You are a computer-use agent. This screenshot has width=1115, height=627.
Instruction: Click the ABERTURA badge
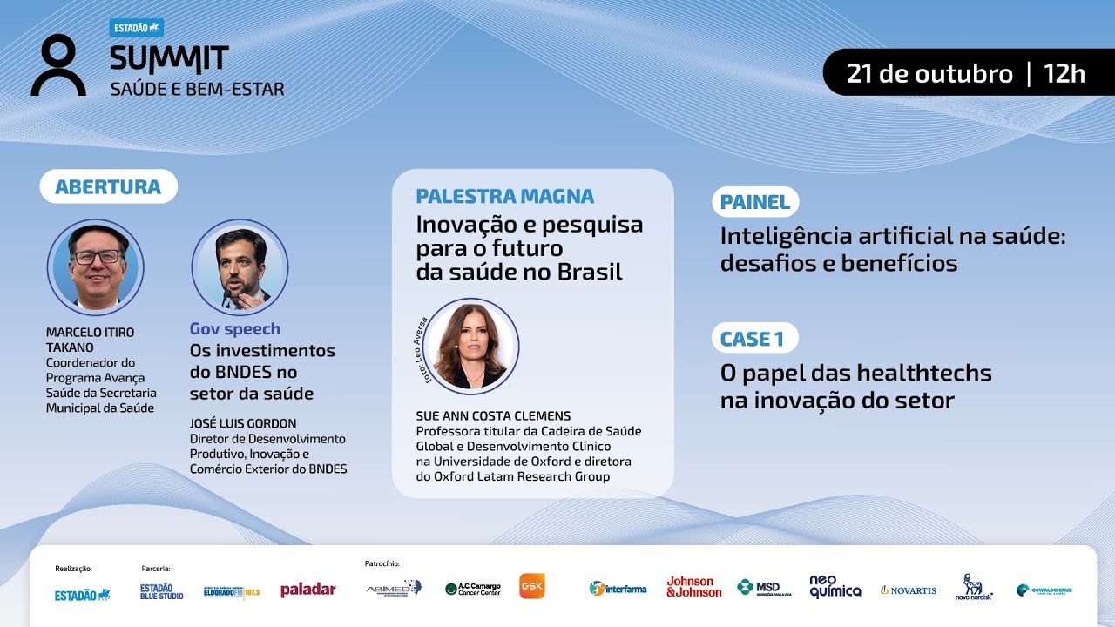click(x=108, y=186)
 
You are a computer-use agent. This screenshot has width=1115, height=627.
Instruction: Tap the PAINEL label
click(x=755, y=202)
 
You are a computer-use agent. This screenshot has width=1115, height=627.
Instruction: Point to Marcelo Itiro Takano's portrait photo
click(x=95, y=266)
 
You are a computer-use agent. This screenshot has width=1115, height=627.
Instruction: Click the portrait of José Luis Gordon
click(x=240, y=267)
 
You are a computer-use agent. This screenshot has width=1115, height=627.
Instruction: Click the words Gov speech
click(x=235, y=329)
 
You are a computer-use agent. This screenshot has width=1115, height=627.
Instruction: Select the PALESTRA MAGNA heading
click(x=505, y=196)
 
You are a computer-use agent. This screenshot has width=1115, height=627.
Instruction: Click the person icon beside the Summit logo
click(x=59, y=65)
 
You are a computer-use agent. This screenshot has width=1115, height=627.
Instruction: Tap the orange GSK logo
click(x=532, y=586)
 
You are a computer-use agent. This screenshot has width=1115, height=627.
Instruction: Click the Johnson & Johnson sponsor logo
click(x=694, y=587)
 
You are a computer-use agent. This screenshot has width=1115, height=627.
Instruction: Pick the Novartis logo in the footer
click(x=908, y=590)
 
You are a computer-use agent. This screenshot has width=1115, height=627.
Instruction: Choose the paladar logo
click(x=307, y=590)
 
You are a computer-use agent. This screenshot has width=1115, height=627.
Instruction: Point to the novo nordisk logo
click(x=974, y=588)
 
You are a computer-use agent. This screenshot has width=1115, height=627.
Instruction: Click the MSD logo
click(x=764, y=588)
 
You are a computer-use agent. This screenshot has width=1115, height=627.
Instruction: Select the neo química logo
click(x=835, y=586)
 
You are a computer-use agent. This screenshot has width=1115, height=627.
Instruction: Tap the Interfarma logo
click(x=618, y=589)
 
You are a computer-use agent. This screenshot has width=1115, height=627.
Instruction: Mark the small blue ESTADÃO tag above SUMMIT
click(x=138, y=28)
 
